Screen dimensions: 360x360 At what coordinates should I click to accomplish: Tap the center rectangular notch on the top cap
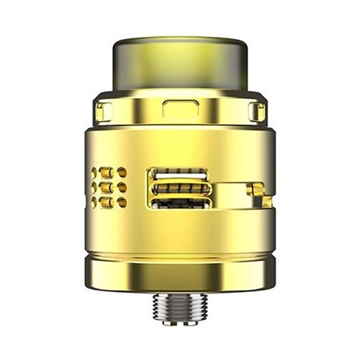[178, 108]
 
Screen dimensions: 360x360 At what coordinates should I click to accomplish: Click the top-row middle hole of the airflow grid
[108, 172]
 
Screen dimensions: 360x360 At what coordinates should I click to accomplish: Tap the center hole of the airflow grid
[108, 187]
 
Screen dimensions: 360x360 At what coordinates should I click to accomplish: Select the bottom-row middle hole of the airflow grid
[108, 202]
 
